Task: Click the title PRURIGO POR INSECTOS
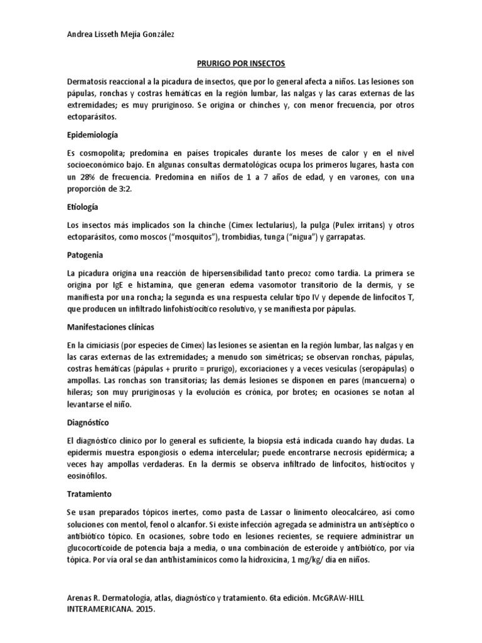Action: click(x=240, y=64)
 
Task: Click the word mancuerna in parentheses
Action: click(x=381, y=381)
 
